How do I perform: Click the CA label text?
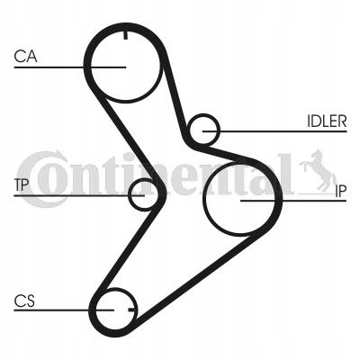[25, 57]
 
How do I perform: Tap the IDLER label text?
[327, 121]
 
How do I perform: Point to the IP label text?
[340, 191]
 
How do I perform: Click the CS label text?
[24, 301]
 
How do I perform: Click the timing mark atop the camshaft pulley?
[125, 35]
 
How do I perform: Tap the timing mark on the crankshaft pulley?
[131, 310]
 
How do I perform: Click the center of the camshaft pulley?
[126, 67]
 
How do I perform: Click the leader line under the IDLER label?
[274, 131]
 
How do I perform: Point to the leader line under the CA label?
[70, 67]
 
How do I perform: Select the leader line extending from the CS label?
[64, 310]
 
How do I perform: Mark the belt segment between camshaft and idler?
[175, 99]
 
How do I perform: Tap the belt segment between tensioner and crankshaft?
[125, 249]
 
